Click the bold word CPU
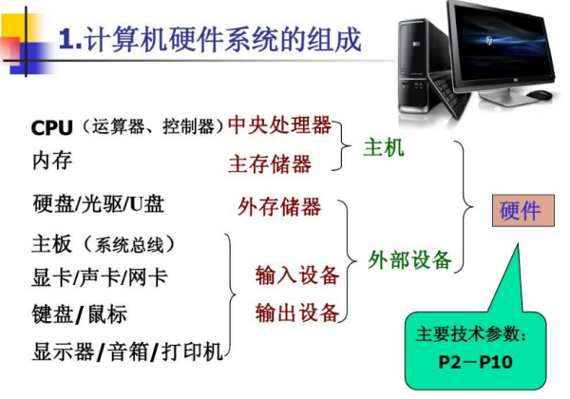[52, 127]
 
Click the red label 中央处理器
[279, 125]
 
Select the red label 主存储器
[270, 163]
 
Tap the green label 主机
[384, 148]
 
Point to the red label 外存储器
[279, 206]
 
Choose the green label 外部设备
[409, 259]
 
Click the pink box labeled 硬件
[523, 210]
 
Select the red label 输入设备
[297, 275]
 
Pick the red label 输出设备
[297, 313]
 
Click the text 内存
[52, 161]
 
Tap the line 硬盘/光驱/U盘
[99, 204]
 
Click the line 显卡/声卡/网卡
[100, 277]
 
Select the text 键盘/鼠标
[80, 313]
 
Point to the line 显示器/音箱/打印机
[127, 351]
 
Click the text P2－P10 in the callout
[476, 362]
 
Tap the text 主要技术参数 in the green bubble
[467, 334]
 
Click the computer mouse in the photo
[539, 94]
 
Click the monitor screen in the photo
[502, 43]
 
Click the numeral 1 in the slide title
[66, 39]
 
